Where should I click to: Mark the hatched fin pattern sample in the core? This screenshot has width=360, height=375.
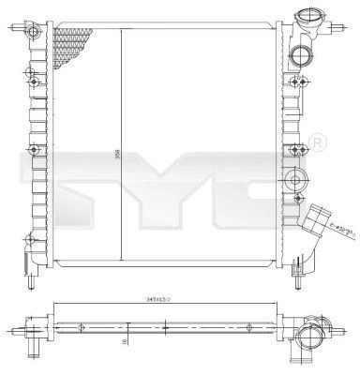(x=73, y=41)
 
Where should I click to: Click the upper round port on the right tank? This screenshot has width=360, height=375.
(x=300, y=54)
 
